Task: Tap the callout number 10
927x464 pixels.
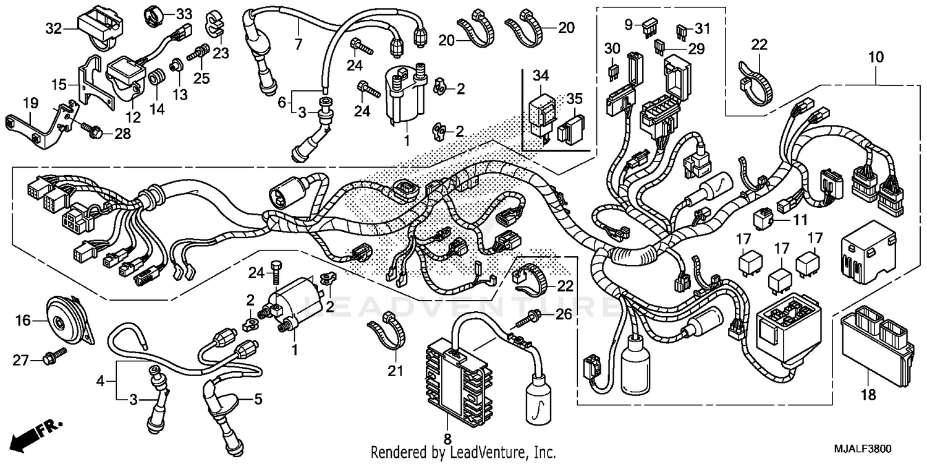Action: (876, 58)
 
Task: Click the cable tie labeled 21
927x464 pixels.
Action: (386, 334)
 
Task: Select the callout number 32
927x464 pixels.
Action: (53, 28)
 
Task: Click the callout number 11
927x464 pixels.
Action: (800, 220)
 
